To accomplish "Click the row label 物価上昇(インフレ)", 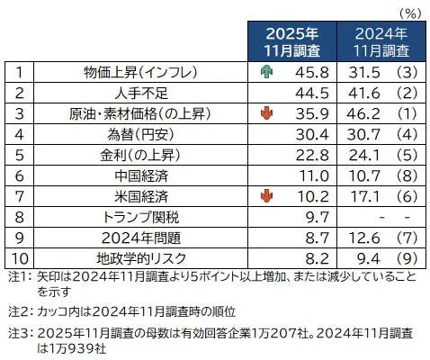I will (135, 70).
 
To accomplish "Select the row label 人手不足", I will (135, 92).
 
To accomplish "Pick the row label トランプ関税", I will (135, 215).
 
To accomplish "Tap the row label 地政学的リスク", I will (135, 256).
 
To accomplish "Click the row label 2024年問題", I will (135, 236).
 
